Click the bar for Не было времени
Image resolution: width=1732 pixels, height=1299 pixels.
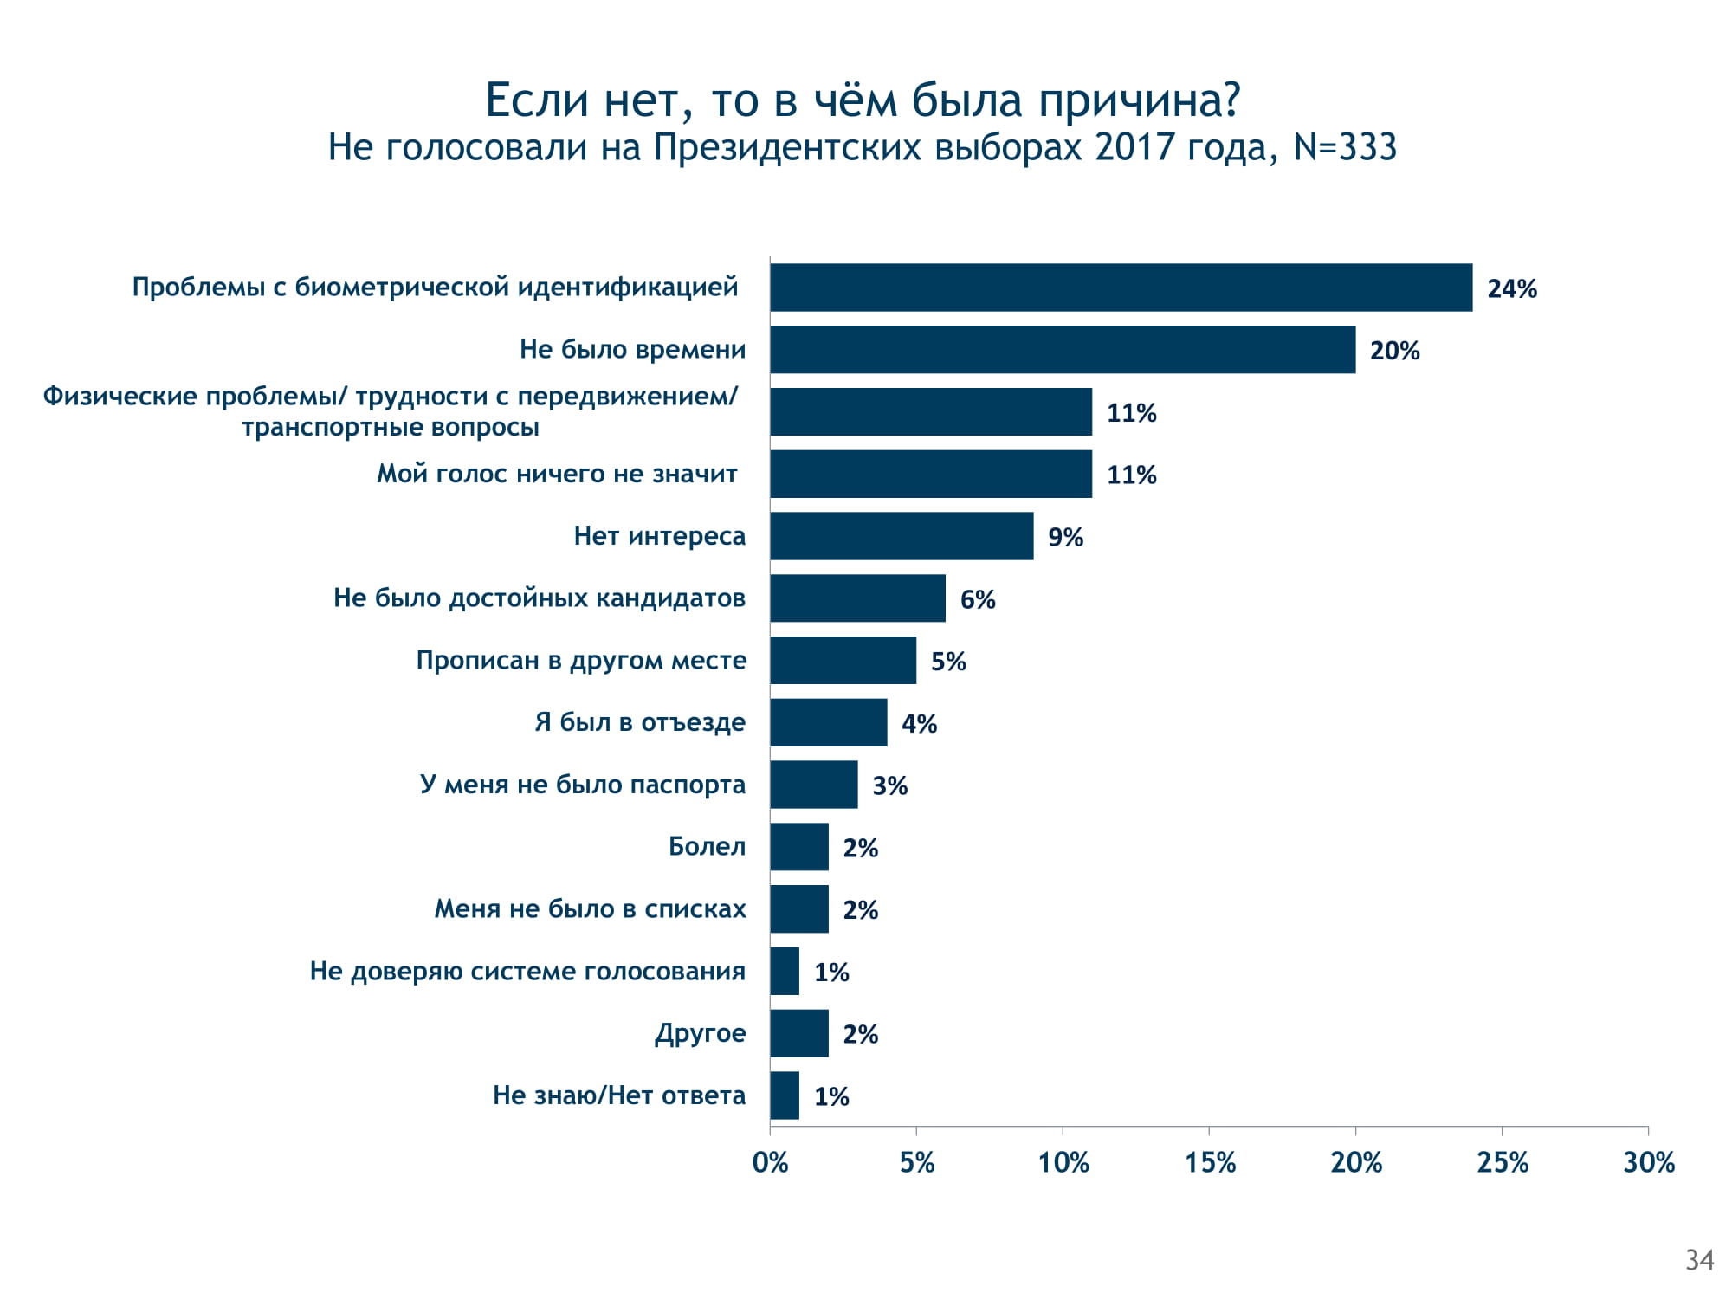coord(1063,350)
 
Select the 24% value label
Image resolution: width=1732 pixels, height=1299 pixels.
coord(1512,288)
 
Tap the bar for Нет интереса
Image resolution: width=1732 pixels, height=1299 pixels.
coord(902,536)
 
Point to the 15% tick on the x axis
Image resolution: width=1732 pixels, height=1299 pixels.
coord(1210,1162)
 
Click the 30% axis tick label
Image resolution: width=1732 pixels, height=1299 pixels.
coord(1649,1162)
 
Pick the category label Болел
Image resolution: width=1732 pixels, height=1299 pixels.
coord(707,846)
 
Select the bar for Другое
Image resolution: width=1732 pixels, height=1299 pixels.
coord(799,1033)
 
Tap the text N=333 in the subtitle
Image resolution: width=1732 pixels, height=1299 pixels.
coord(1345,147)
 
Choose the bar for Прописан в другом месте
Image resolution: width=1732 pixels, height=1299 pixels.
coord(843,661)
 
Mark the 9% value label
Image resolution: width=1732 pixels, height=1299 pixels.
coord(1065,537)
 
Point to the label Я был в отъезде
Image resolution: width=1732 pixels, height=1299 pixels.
coord(640,722)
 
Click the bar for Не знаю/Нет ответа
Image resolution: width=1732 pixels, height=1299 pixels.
coord(785,1095)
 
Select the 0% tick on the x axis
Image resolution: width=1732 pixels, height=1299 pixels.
coord(770,1162)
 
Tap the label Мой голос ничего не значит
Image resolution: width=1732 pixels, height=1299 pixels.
coord(557,474)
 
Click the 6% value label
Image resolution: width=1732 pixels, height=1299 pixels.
coord(978,599)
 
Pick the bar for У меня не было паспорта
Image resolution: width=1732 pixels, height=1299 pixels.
coord(814,785)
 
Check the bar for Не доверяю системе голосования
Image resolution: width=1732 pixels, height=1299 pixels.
coord(785,971)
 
